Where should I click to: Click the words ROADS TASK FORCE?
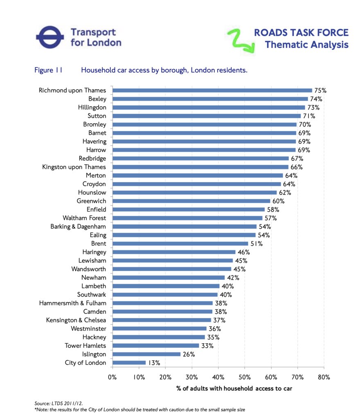[x=301, y=33]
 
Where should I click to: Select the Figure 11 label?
[x=48, y=70]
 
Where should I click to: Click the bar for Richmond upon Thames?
[x=212, y=90]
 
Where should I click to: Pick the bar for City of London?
[x=129, y=363]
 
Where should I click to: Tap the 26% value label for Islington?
[x=189, y=354]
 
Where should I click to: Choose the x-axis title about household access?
[x=234, y=388]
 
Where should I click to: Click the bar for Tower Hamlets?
[x=155, y=346]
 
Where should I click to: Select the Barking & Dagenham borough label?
[x=78, y=226]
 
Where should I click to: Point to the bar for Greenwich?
[x=191, y=201]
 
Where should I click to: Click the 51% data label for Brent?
[x=256, y=243]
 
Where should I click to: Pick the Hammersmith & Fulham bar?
[x=162, y=303]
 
